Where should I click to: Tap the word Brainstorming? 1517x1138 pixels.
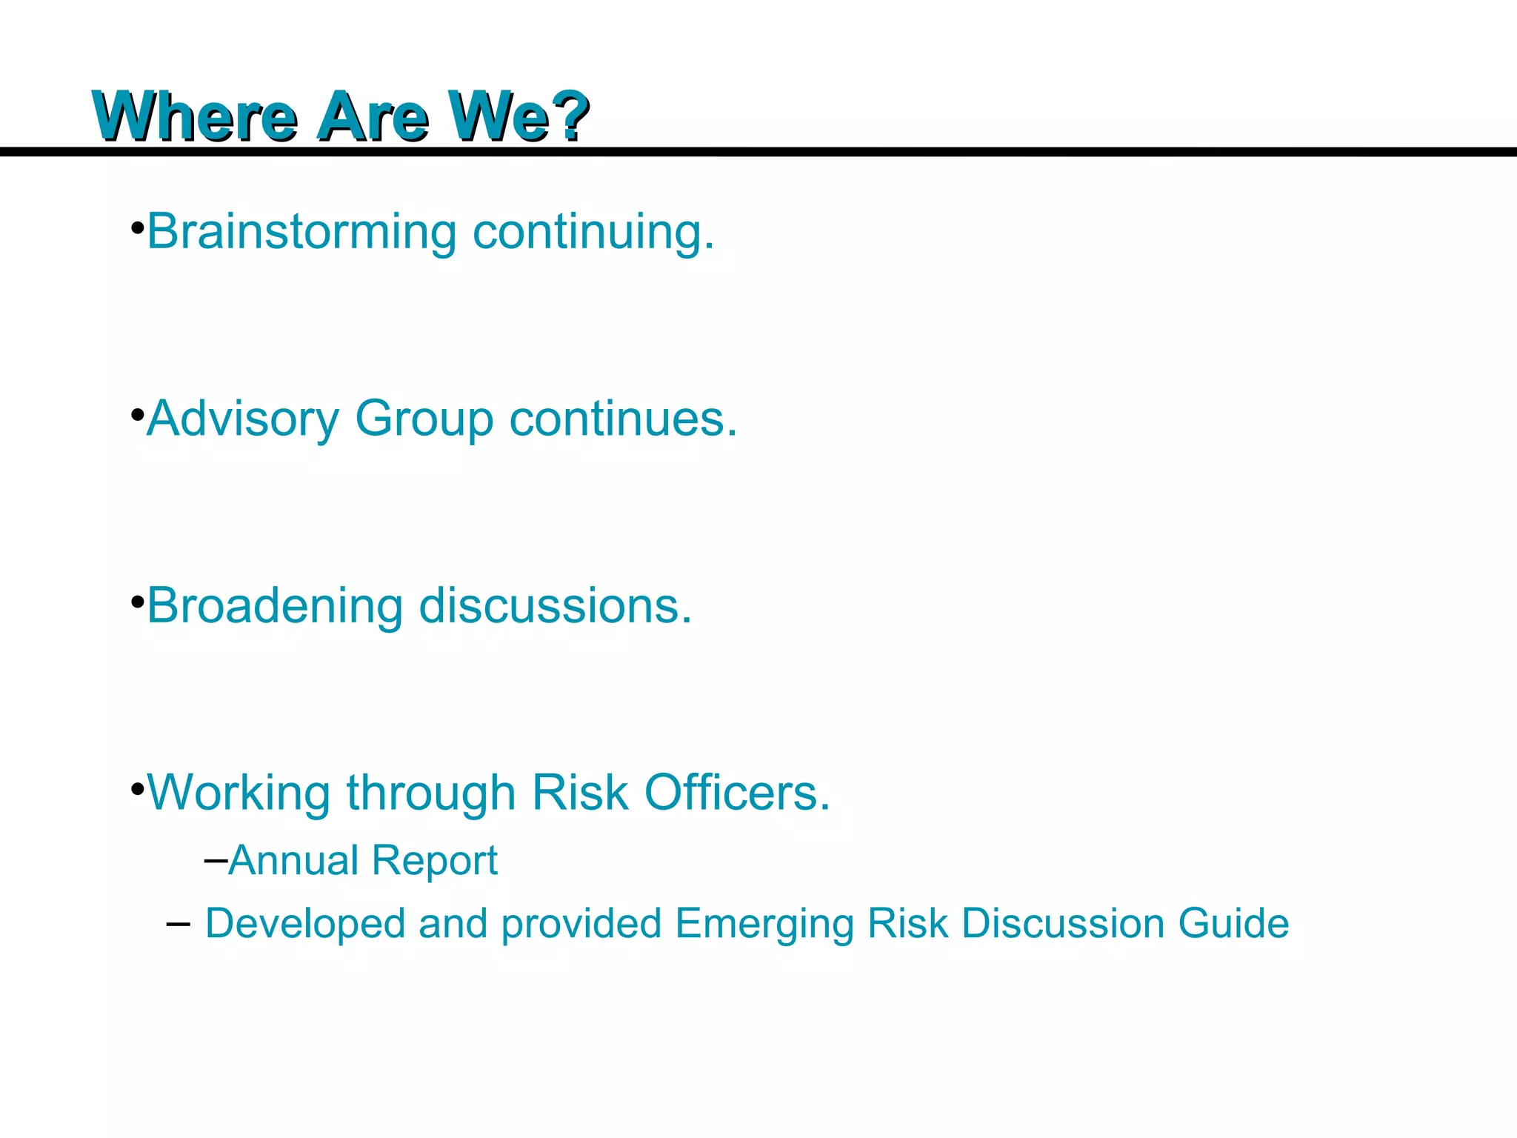[301, 233]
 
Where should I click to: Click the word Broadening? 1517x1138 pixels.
[274, 606]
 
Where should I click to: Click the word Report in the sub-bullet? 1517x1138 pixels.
[434, 862]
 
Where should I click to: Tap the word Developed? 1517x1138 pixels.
[304, 924]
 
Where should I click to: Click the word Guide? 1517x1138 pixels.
[1233, 923]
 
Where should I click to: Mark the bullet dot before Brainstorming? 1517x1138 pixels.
[137, 227]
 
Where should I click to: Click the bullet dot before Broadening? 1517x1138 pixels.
[137, 601]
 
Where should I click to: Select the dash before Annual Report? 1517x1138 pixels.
[215, 860]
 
